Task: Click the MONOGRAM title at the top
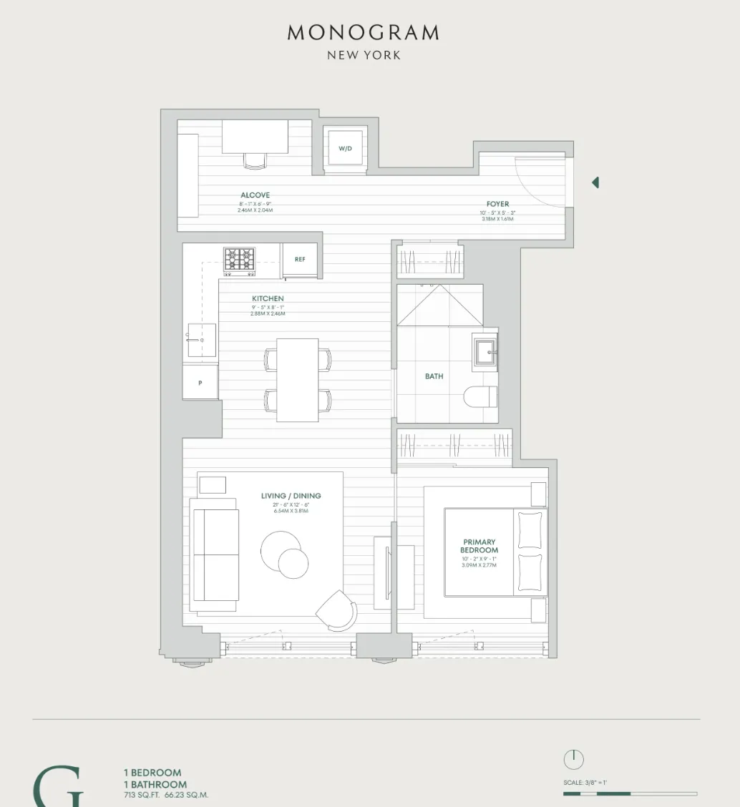point(363,33)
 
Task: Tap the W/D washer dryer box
point(346,149)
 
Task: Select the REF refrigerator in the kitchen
point(300,260)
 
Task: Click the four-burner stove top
point(239,261)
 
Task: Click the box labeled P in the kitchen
point(200,383)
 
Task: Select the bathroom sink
point(485,352)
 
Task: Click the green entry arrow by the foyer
point(595,183)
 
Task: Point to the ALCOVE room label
point(255,195)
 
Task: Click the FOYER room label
point(497,205)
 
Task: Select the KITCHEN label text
point(268,298)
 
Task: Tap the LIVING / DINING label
point(291,496)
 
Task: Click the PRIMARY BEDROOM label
point(479,547)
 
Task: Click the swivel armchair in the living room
point(336,610)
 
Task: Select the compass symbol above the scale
point(573,759)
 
